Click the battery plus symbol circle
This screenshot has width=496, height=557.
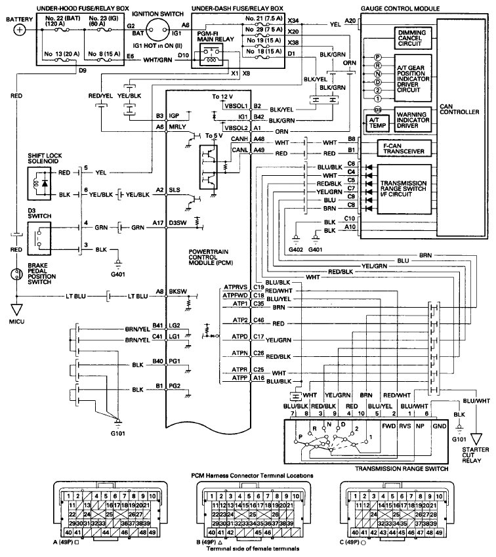20,30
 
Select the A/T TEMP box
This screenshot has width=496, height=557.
377,121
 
